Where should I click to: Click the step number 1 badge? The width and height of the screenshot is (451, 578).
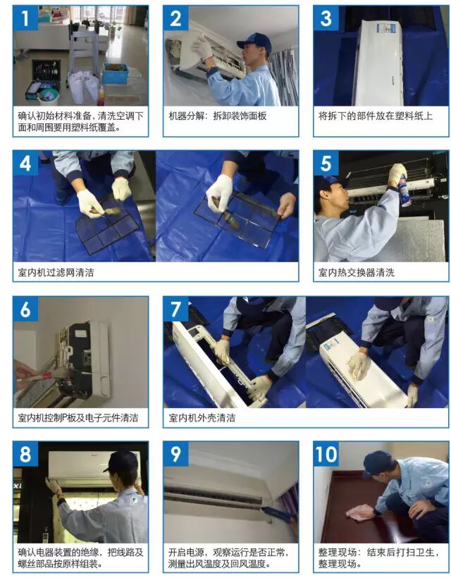(25, 18)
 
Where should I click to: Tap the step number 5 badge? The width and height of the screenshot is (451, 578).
(326, 163)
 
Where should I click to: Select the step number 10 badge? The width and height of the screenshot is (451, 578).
(326, 454)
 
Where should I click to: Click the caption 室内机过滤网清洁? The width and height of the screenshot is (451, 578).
(56, 272)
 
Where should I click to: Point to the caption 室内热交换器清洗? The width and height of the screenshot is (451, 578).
(357, 272)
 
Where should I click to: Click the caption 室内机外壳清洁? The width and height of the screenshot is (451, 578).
(202, 418)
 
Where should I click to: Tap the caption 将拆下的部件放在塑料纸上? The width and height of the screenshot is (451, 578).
(376, 116)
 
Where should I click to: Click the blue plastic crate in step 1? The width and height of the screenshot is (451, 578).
(115, 73)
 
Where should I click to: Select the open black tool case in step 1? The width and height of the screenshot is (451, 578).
(46, 75)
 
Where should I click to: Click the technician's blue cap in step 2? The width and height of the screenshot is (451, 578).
(254, 41)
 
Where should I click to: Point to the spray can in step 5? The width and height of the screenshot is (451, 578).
(402, 187)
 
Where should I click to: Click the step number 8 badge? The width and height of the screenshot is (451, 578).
(25, 454)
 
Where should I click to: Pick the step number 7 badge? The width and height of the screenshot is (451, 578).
(175, 309)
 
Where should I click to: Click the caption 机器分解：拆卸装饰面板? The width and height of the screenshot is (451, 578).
(217, 116)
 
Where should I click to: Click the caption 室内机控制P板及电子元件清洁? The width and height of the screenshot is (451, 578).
(78, 418)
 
